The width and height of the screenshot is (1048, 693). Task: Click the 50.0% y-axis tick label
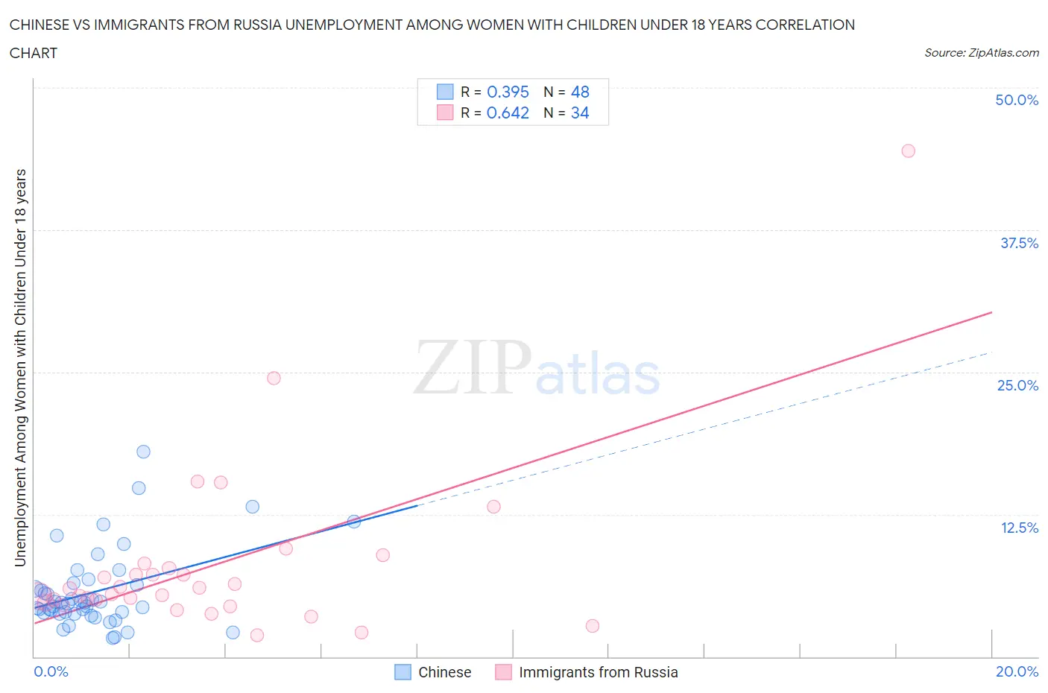tap(1017, 100)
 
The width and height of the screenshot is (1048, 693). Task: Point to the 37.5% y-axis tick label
tap(1019, 243)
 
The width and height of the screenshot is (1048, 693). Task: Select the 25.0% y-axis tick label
tap(1017, 385)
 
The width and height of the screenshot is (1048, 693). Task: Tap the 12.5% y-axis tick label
tap(1019, 528)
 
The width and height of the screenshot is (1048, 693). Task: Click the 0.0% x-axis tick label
tap(51, 671)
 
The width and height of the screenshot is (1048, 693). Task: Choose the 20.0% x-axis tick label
tap(1017, 671)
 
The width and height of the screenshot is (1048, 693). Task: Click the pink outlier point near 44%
tap(908, 151)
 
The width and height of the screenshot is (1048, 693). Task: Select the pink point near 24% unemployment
tap(274, 378)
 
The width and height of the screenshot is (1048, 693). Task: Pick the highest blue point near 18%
tap(143, 452)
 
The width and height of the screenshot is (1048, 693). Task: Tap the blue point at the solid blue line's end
tap(354, 522)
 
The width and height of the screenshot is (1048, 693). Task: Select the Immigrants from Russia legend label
tap(598, 672)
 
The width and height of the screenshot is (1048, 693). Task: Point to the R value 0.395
tap(508, 92)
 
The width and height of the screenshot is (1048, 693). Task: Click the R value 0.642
tap(508, 113)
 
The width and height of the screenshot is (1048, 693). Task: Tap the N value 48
tap(580, 92)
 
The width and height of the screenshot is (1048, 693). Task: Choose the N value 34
tap(580, 113)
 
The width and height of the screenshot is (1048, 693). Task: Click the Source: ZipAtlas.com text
tap(981, 52)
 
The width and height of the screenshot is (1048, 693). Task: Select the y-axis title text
tap(20, 367)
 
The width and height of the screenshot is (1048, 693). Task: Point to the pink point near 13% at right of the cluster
tap(493, 507)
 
